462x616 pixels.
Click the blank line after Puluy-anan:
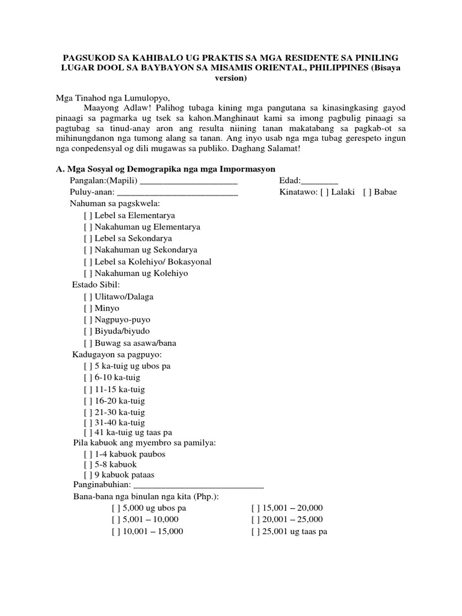[x=177, y=193]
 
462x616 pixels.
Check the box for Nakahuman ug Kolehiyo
[x=88, y=273]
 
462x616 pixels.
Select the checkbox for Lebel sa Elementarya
[x=88, y=215]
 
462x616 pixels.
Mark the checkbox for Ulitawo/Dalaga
[x=88, y=297]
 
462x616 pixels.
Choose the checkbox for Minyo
[x=88, y=308]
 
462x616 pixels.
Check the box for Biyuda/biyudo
[x=88, y=331]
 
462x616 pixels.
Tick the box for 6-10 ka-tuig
[x=88, y=378]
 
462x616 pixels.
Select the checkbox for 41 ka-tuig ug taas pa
[x=88, y=432]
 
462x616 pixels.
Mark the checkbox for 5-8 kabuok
[x=88, y=464]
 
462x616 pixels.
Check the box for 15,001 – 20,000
[x=256, y=508]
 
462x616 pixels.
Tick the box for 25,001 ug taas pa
[x=256, y=532]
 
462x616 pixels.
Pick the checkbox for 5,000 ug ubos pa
[x=116, y=508]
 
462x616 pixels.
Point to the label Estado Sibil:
[x=96, y=285]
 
